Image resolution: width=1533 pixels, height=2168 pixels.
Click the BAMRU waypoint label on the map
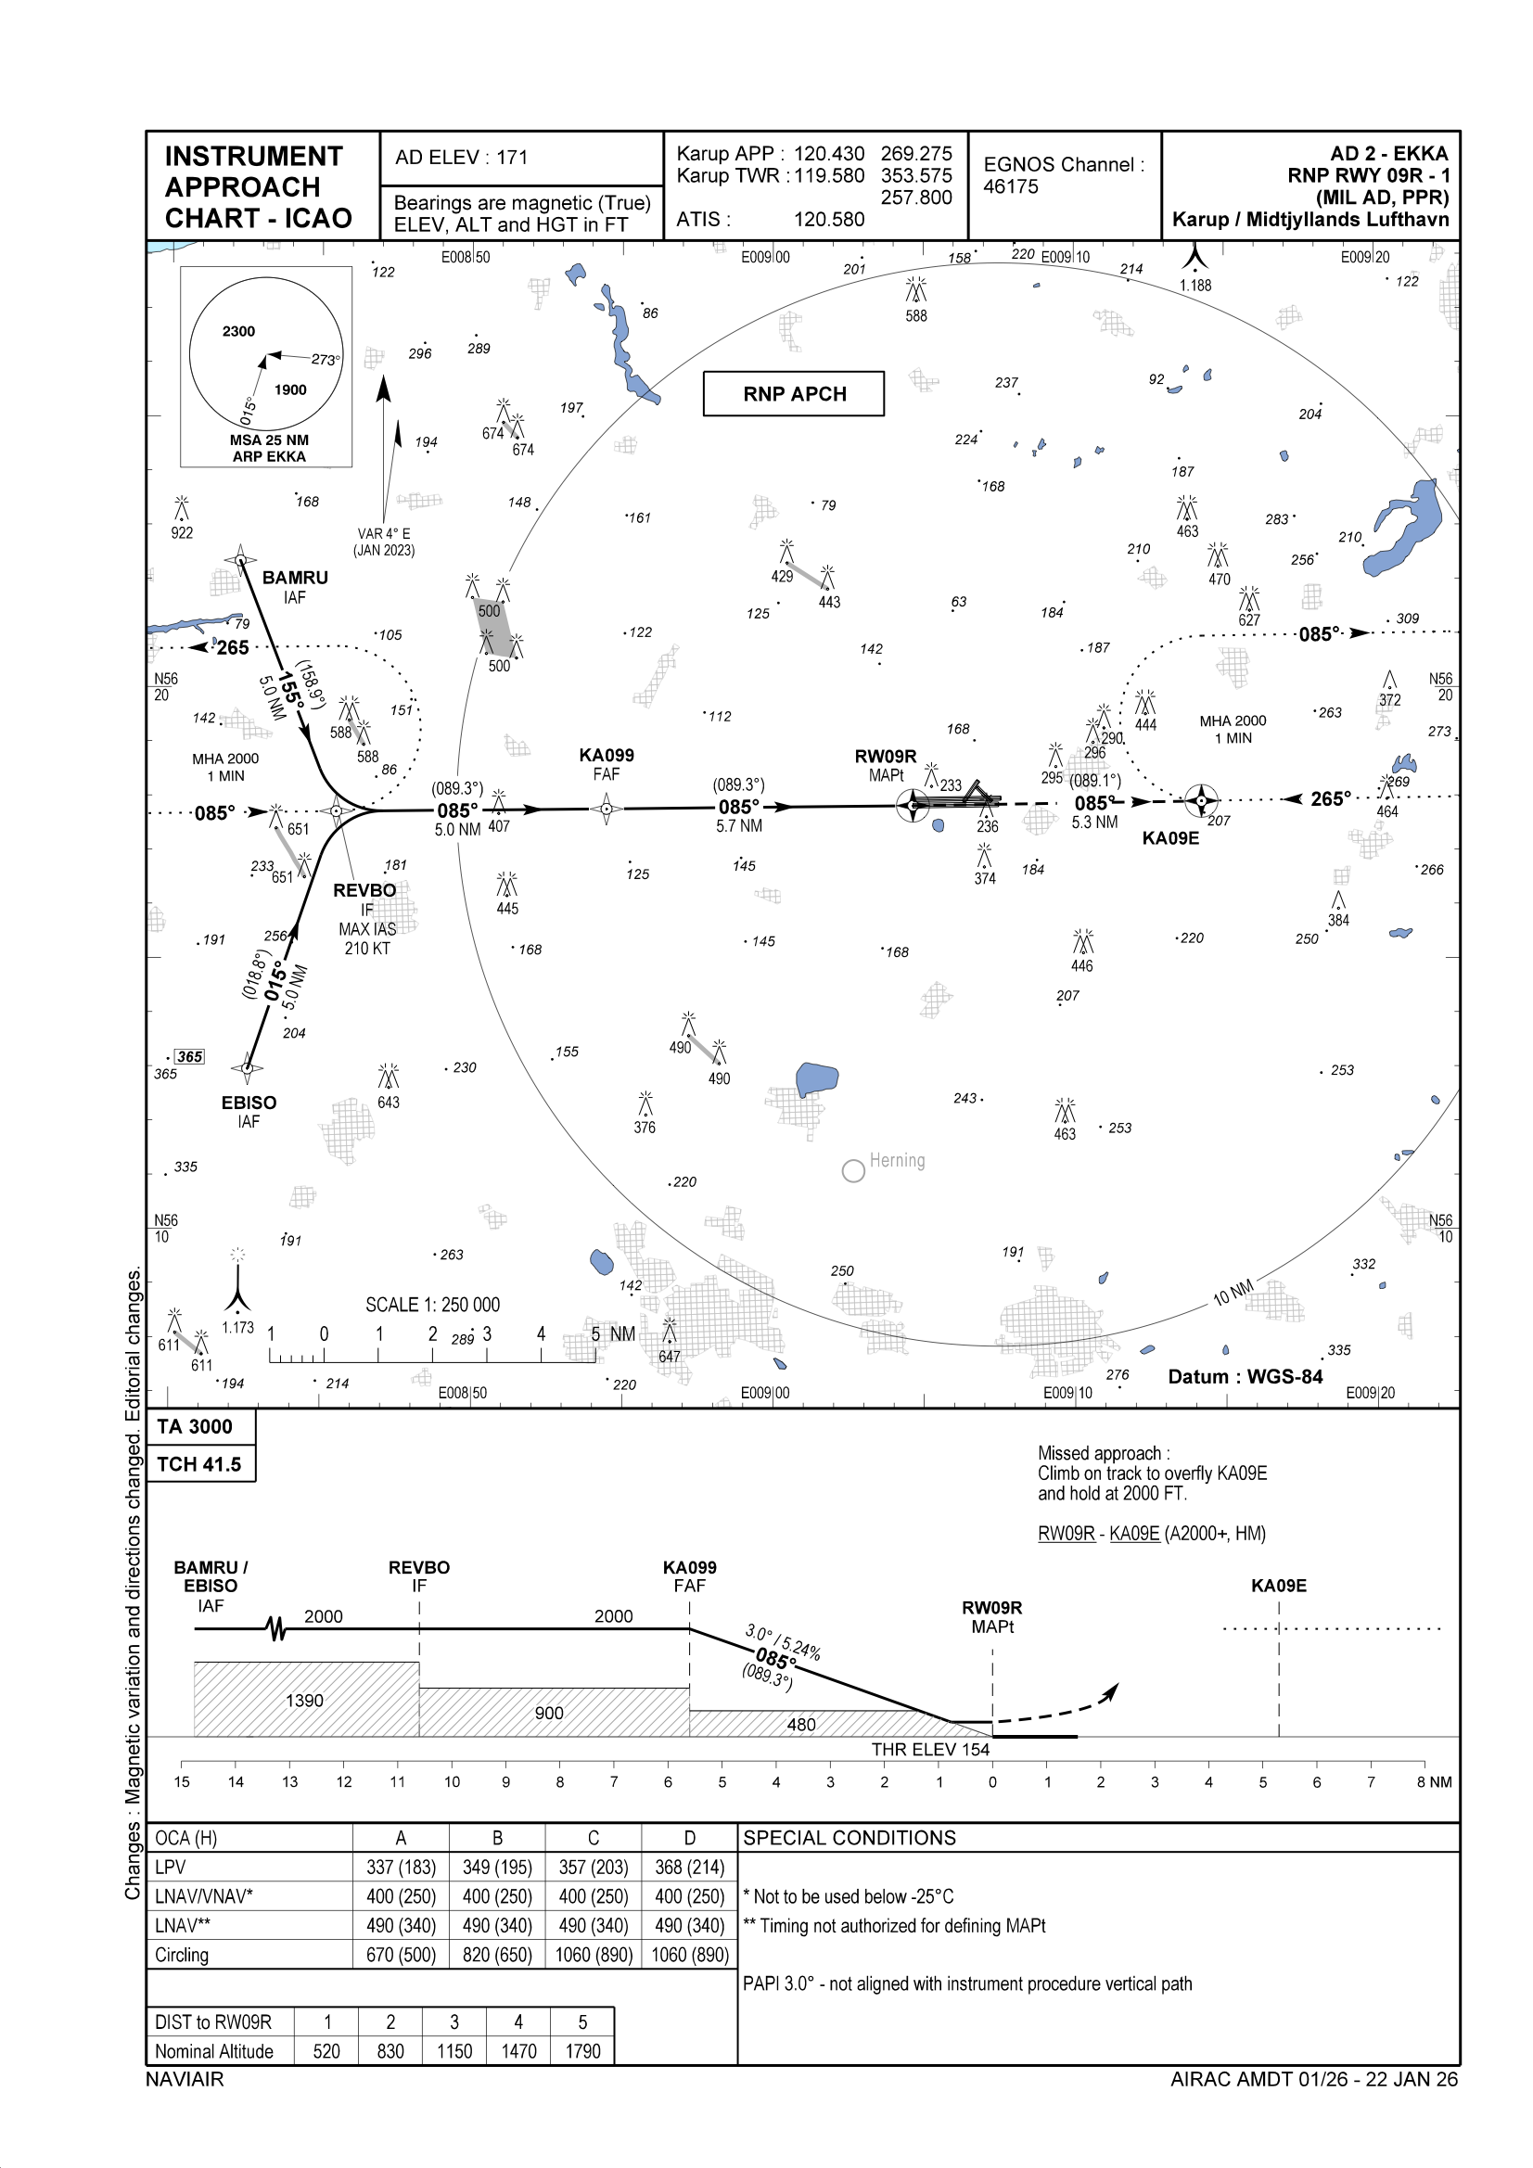click(x=295, y=577)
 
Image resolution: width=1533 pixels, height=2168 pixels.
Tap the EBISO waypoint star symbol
click(x=247, y=1068)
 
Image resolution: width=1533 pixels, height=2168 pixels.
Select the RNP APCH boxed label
click(x=794, y=394)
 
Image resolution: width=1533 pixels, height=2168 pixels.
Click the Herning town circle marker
click(x=853, y=1171)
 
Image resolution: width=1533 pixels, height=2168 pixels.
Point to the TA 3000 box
click(x=195, y=1427)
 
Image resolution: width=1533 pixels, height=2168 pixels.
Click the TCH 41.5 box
click(x=198, y=1463)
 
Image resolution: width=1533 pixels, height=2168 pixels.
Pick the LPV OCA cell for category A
click(x=401, y=1867)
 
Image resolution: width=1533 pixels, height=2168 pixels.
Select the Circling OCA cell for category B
click(x=497, y=1955)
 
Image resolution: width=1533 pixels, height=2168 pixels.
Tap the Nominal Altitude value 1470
click(x=518, y=2051)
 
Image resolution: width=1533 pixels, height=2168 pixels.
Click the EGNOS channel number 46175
click(x=1011, y=187)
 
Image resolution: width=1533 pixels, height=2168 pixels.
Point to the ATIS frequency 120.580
click(x=828, y=219)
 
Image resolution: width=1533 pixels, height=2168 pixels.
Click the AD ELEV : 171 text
click(x=461, y=158)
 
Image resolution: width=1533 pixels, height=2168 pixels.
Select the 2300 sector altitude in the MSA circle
click(x=239, y=331)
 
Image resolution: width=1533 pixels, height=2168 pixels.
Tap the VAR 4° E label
click(x=384, y=533)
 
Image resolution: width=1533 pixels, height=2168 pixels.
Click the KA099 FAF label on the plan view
click(x=607, y=756)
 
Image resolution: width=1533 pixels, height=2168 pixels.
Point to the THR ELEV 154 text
click(x=929, y=1750)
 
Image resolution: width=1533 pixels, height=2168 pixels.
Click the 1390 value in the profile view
click(x=304, y=1701)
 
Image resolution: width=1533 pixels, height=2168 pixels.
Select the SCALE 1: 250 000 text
click(x=432, y=1305)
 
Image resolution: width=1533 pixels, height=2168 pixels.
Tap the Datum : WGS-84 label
click(x=1245, y=1377)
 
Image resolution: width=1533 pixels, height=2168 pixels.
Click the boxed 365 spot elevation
click(x=190, y=1056)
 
